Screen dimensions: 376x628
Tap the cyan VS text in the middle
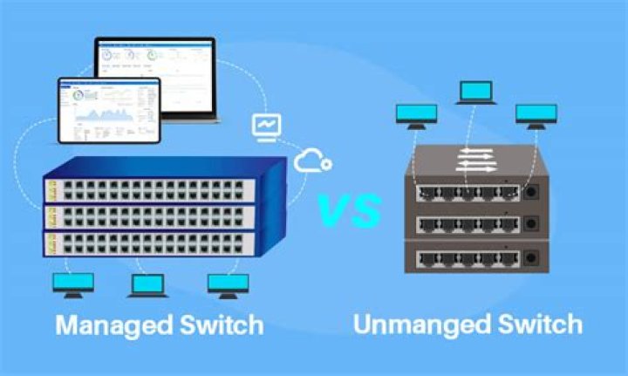click(x=348, y=210)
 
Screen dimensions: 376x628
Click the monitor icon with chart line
click(x=265, y=126)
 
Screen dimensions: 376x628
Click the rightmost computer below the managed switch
click(x=229, y=284)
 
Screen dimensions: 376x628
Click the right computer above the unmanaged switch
click(x=536, y=115)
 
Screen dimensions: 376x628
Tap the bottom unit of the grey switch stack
click(x=471, y=258)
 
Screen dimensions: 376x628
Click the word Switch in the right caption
click(x=536, y=325)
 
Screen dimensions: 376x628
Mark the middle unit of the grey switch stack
click(x=471, y=225)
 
